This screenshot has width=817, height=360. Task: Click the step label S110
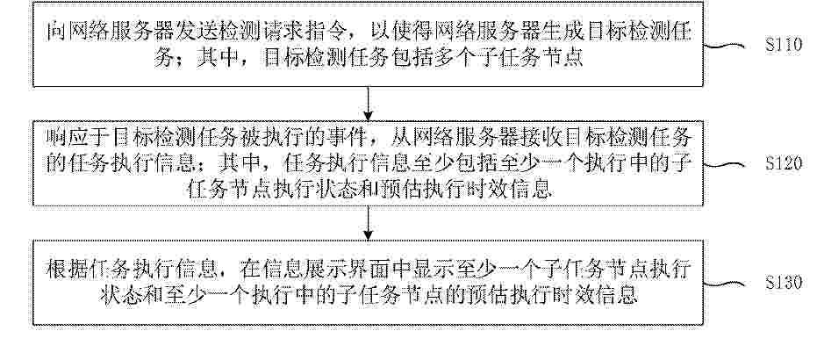click(x=784, y=45)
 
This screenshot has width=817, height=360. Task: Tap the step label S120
click(x=784, y=163)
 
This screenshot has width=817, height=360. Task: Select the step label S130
click(x=784, y=283)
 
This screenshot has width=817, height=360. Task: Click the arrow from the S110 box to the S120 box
click(x=369, y=104)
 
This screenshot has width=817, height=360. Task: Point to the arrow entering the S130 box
click(x=369, y=223)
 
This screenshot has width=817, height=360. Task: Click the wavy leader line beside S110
click(x=724, y=47)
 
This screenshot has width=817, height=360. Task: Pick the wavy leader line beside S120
click(x=724, y=165)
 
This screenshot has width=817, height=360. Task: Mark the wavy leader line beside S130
click(x=724, y=284)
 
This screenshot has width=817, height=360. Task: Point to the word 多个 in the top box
click(x=449, y=57)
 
